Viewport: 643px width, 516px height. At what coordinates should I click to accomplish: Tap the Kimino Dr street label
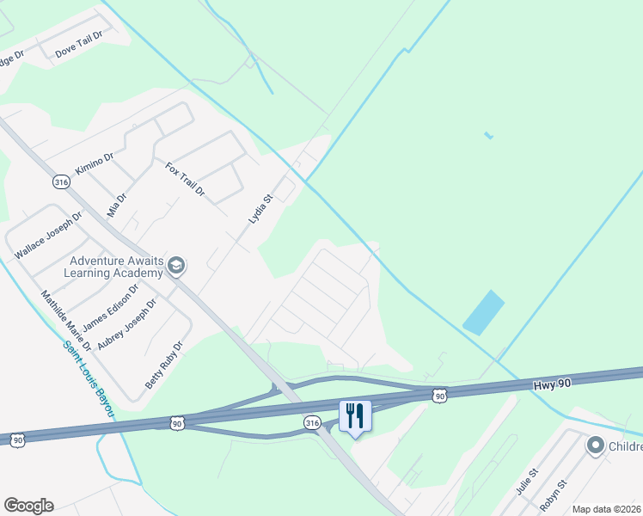click(x=94, y=163)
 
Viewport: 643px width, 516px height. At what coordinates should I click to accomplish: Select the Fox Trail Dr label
click(x=185, y=180)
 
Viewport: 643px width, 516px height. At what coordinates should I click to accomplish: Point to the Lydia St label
click(x=260, y=209)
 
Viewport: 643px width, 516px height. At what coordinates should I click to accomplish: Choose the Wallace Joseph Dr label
click(x=47, y=236)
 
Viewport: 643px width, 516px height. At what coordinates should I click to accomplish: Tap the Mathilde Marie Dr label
click(x=66, y=320)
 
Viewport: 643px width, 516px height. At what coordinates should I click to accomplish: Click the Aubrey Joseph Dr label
click(x=128, y=323)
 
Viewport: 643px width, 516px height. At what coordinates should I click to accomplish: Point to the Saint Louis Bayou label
click(x=88, y=379)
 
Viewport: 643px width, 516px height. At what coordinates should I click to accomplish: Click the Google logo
click(x=28, y=506)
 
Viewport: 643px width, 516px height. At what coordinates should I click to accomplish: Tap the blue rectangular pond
click(x=484, y=312)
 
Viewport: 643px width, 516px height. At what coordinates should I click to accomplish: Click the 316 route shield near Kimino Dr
click(x=60, y=182)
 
